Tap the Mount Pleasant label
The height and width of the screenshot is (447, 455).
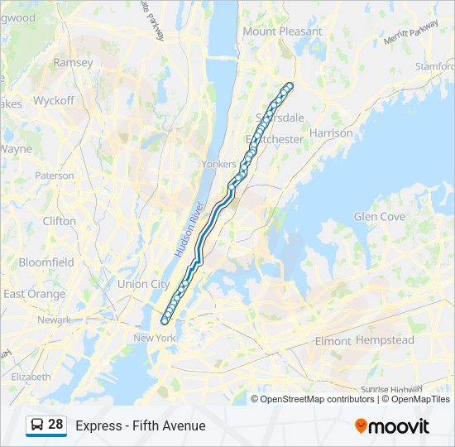(x=282, y=31)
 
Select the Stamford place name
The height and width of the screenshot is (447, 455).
(x=434, y=65)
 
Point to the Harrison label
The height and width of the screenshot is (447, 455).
(x=331, y=132)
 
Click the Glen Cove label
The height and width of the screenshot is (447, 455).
(x=380, y=217)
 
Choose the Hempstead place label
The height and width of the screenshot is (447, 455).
(x=385, y=340)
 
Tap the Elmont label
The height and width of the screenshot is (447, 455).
(x=333, y=340)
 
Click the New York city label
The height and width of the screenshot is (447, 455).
(x=155, y=338)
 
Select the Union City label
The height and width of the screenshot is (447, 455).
(x=143, y=284)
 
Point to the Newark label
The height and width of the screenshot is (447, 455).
(x=54, y=320)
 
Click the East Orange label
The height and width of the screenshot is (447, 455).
(x=34, y=294)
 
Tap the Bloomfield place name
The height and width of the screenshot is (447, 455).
(x=46, y=262)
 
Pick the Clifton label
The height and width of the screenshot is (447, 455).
(x=59, y=221)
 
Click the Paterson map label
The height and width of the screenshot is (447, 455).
(x=55, y=175)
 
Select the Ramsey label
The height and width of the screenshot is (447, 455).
(x=74, y=63)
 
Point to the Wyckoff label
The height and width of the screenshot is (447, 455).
(x=54, y=101)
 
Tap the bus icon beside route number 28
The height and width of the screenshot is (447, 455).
(x=37, y=425)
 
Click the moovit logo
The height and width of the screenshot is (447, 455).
(x=392, y=425)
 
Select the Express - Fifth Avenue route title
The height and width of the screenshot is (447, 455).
(x=141, y=425)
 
